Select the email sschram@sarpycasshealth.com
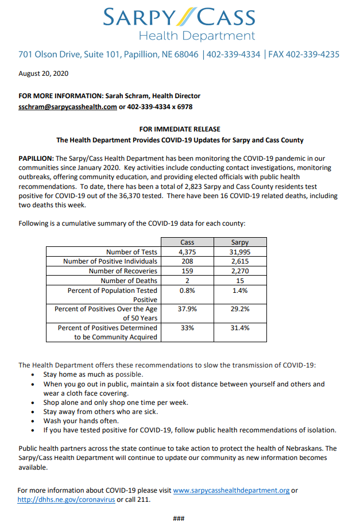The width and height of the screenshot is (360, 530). [68, 106]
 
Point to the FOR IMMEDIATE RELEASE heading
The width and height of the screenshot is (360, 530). [179, 129]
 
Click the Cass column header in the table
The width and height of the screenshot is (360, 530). [187, 242]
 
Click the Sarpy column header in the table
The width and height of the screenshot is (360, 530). [239, 242]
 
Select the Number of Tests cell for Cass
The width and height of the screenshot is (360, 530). [187, 252]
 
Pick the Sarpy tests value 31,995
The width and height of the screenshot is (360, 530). [239, 252]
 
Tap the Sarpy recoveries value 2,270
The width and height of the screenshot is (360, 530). [239, 271]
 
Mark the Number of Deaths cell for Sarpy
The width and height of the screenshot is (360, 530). [239, 281]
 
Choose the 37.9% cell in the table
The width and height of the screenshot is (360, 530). [187, 309]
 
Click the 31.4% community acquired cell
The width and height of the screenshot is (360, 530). [239, 328]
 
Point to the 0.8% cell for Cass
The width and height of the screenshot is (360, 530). [187, 291]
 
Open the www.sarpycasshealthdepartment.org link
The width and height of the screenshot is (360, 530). [231, 491]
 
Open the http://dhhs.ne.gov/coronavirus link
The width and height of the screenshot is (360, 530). [66, 500]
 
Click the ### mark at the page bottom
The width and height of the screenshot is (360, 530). [179, 519]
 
